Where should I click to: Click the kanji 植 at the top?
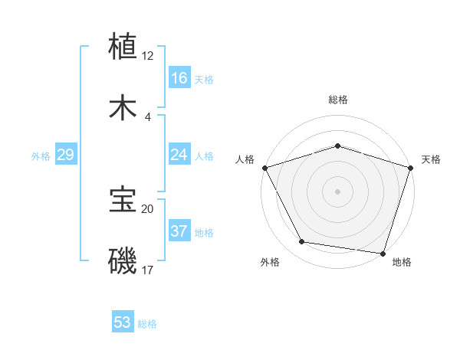pos(123,46)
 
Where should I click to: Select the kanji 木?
pos(123,108)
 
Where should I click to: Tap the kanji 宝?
pos(123,201)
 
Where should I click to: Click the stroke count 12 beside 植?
pos(148,56)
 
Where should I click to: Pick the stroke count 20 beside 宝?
pos(148,208)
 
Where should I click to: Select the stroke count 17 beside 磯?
pos(148,270)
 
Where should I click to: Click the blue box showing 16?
pos(179,78)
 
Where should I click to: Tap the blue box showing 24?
pos(179,155)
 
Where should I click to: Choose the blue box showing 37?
pos(179,231)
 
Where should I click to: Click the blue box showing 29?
pos(65,155)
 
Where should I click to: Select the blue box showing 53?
pos(123,322)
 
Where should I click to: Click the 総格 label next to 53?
pos(147,324)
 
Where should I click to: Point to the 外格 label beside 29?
pos(41,156)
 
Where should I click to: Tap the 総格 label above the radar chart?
pos(337,100)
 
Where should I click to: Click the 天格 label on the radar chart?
pos(432,159)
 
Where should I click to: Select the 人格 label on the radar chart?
pos(245,159)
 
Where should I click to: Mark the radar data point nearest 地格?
pos(383,253)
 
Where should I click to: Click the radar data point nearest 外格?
pos(302,242)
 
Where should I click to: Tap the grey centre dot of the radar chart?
pos(337,191)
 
